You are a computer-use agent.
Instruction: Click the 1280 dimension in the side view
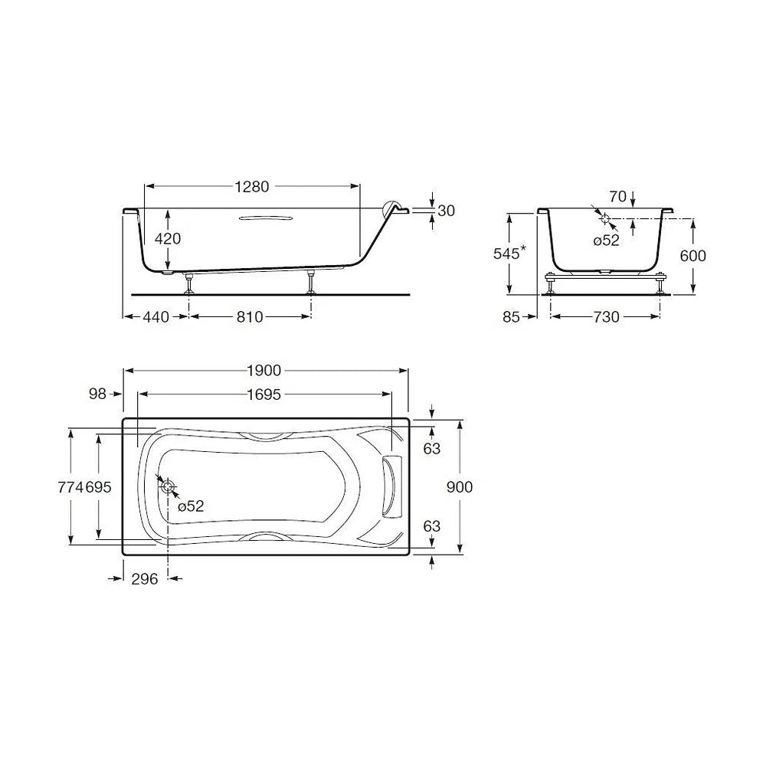pos(251,187)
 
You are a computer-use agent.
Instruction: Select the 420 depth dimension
pos(168,238)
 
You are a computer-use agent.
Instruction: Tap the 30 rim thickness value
pos(446,211)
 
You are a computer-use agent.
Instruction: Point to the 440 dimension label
pos(155,317)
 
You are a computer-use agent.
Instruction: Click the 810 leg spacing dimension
pos(250,317)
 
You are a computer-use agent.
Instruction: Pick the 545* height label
pos(509,253)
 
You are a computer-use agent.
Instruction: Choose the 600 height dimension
pos(692,256)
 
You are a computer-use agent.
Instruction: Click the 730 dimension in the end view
pos(606,317)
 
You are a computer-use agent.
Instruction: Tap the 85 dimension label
pos(511,317)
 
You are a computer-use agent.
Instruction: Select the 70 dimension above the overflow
pos(617,196)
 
